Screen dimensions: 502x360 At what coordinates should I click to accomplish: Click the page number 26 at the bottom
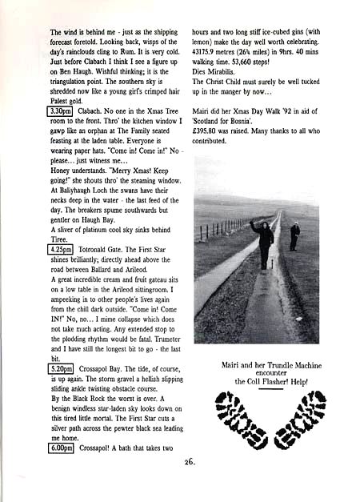click(x=188, y=483)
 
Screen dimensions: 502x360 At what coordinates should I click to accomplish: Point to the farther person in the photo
click(x=295, y=235)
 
